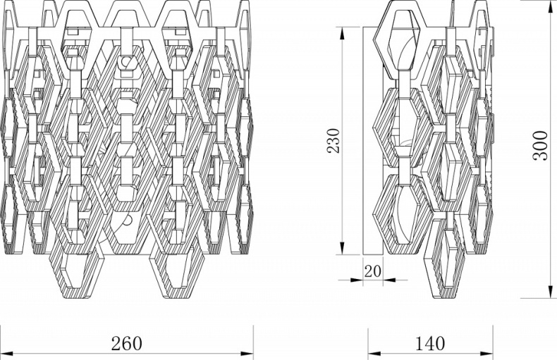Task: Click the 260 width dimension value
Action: (x=126, y=343)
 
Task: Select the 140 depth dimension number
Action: (x=429, y=343)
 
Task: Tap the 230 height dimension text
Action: (x=333, y=141)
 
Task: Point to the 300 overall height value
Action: (x=540, y=146)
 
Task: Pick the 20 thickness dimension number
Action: (x=373, y=272)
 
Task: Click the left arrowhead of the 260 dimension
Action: (x=6, y=354)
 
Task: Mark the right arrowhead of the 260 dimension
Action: (x=247, y=354)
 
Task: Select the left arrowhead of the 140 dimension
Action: (x=374, y=354)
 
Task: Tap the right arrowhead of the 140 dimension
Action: (x=486, y=354)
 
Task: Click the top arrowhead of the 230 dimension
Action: (x=343, y=33)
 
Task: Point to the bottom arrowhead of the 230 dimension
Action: (x=343, y=248)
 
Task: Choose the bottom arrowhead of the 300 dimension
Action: (x=551, y=292)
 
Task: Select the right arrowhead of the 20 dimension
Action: (x=389, y=280)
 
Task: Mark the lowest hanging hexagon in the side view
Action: (x=445, y=263)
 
